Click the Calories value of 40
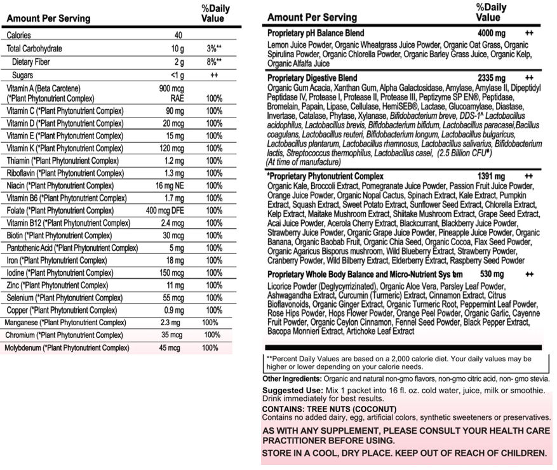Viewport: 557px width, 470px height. click(x=178, y=36)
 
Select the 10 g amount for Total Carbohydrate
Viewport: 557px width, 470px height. click(x=177, y=49)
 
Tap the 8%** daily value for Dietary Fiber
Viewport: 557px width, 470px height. click(x=213, y=62)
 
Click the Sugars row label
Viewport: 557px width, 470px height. click(x=22, y=76)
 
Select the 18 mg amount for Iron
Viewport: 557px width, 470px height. click(x=175, y=260)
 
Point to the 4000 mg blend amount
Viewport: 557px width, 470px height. click(x=491, y=32)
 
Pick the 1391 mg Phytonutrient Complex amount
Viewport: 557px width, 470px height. click(x=491, y=176)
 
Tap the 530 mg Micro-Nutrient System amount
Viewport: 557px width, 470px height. click(x=492, y=274)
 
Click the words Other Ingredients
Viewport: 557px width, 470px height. click(x=292, y=379)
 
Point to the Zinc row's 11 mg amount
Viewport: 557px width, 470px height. click(x=176, y=285)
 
